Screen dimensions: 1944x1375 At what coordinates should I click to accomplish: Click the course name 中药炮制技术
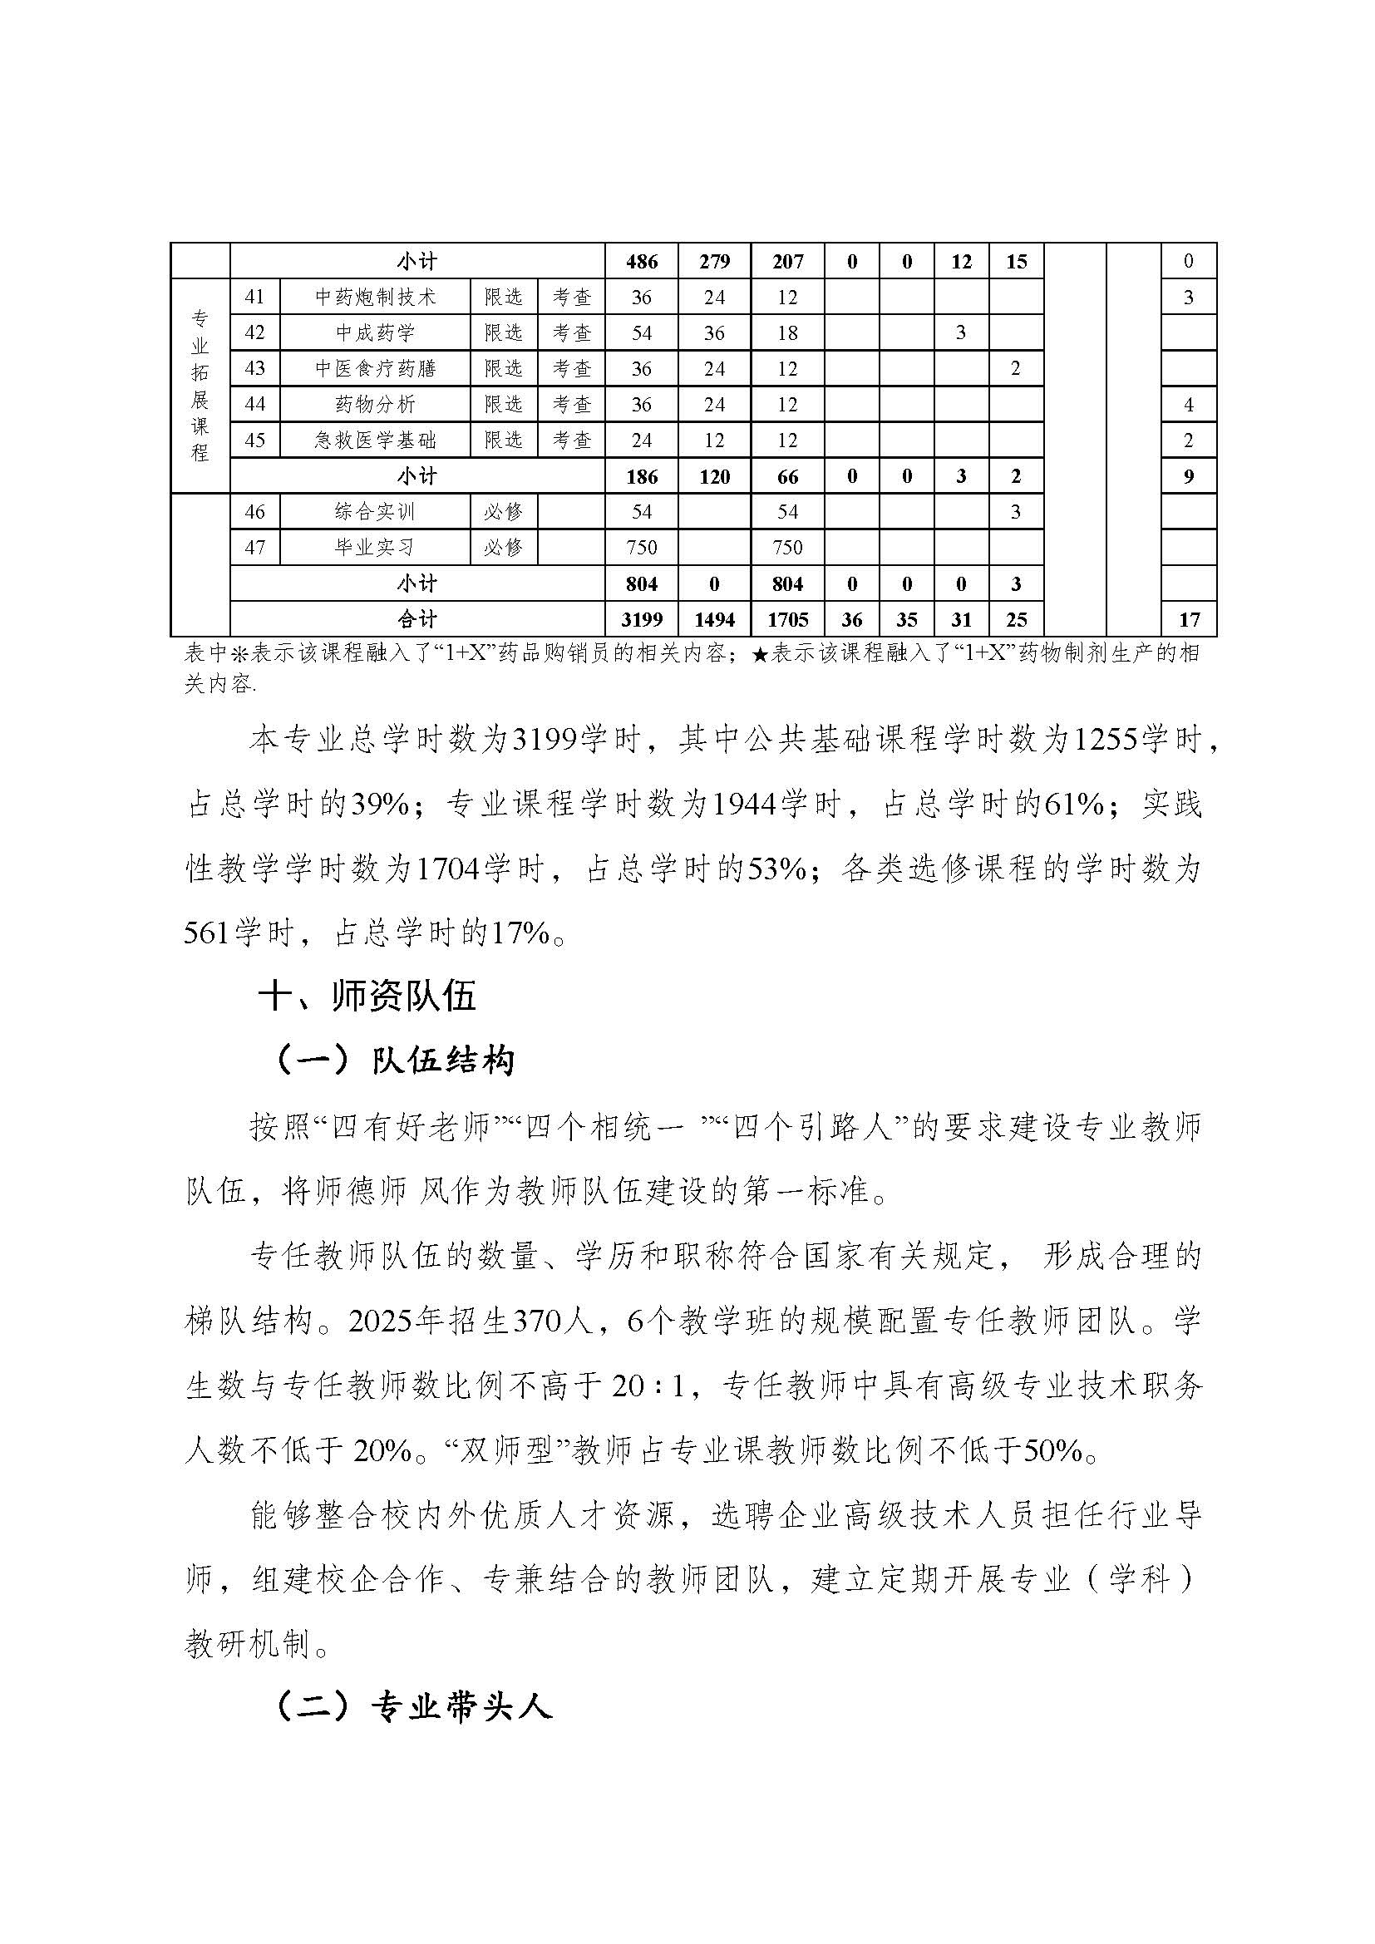375,298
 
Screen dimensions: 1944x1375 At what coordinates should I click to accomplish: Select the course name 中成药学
375,332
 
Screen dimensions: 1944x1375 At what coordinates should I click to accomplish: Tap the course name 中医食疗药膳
375,368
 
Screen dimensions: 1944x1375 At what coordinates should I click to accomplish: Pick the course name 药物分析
375,405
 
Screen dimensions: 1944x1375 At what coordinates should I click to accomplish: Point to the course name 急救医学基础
375,440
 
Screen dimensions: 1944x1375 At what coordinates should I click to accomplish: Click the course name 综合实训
375,511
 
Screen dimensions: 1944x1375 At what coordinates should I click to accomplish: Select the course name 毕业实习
375,547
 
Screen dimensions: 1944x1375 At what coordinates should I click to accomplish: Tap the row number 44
254,405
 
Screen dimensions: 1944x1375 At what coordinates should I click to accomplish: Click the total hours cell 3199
642,620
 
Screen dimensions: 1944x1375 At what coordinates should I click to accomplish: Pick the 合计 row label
417,620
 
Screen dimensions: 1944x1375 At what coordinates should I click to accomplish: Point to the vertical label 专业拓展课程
200,386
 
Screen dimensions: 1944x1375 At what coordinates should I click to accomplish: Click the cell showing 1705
787,620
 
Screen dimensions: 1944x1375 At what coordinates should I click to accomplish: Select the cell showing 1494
714,620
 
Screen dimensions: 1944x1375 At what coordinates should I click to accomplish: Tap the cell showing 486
642,262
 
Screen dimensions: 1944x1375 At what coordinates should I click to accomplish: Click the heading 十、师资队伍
367,997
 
